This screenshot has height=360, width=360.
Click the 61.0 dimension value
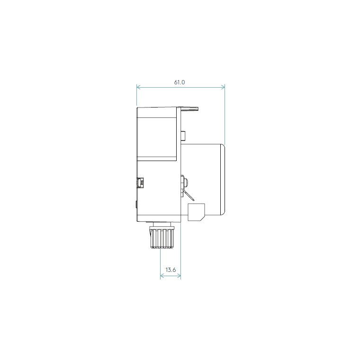click(x=180, y=82)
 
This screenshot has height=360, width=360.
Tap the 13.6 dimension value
click(x=171, y=270)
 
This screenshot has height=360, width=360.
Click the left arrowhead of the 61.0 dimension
click(x=138, y=87)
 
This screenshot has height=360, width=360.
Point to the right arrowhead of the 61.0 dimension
click(x=223, y=87)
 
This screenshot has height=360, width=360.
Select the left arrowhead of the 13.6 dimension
click(x=162, y=276)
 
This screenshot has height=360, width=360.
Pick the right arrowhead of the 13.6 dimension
click(x=179, y=276)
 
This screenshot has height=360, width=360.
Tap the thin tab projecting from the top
click(x=189, y=108)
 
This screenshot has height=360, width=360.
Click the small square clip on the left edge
click(x=140, y=183)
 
